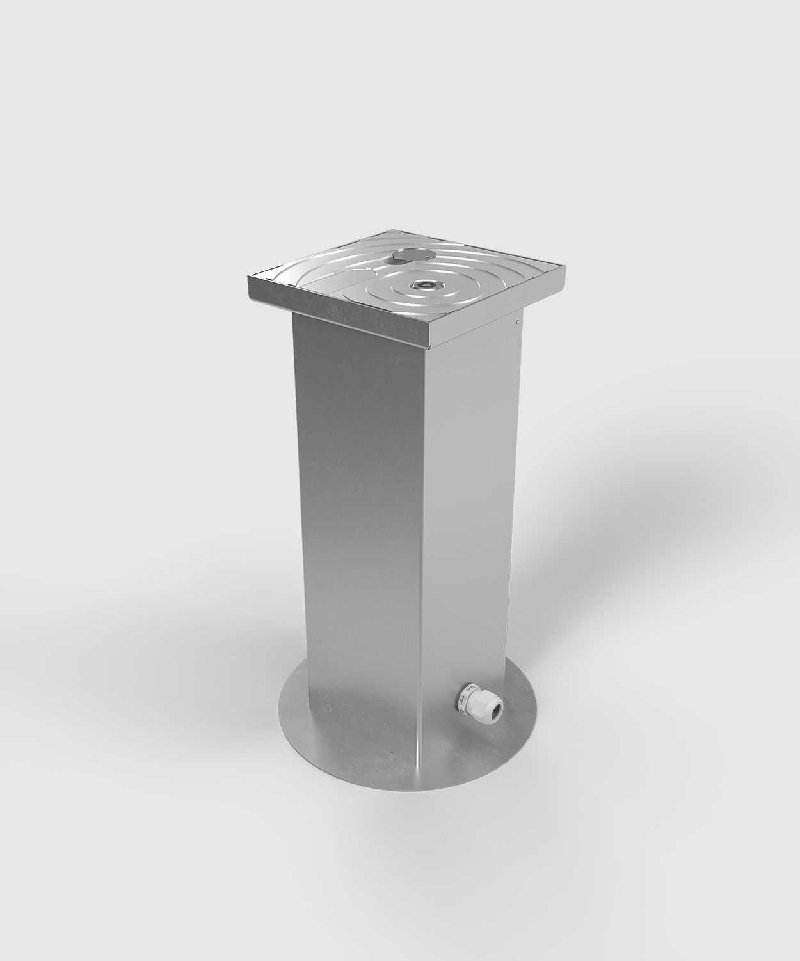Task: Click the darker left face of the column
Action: point(355,512)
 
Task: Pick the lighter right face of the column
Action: point(467,512)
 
